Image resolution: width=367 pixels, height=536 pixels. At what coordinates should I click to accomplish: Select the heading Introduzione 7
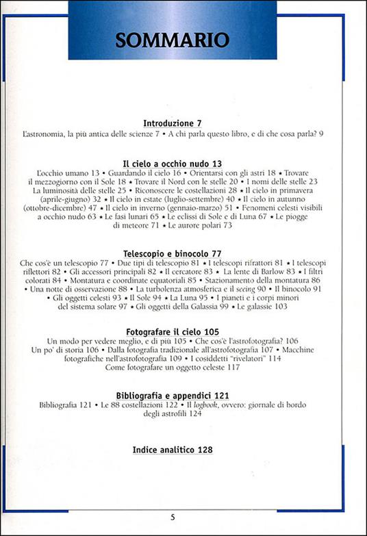point(173,123)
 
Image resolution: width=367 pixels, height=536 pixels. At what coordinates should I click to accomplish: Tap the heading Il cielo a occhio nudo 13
point(173,164)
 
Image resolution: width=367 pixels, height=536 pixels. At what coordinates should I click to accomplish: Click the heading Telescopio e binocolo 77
point(172,251)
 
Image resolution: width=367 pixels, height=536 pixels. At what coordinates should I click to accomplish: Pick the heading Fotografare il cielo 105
point(173,330)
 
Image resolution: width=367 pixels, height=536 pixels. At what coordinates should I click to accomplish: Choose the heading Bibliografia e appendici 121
point(173,396)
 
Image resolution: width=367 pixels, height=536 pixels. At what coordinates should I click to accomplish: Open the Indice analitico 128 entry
point(173,450)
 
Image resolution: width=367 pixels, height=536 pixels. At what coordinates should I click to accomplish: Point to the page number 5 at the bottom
point(173,518)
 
